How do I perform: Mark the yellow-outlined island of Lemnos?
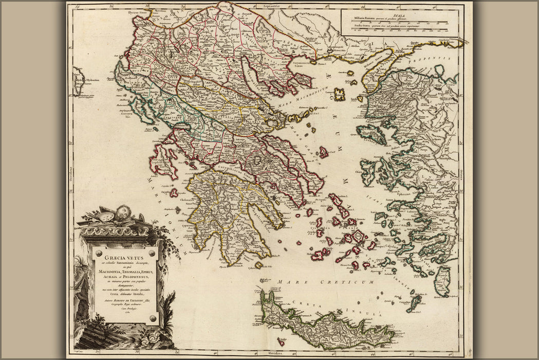[x=339, y=94]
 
